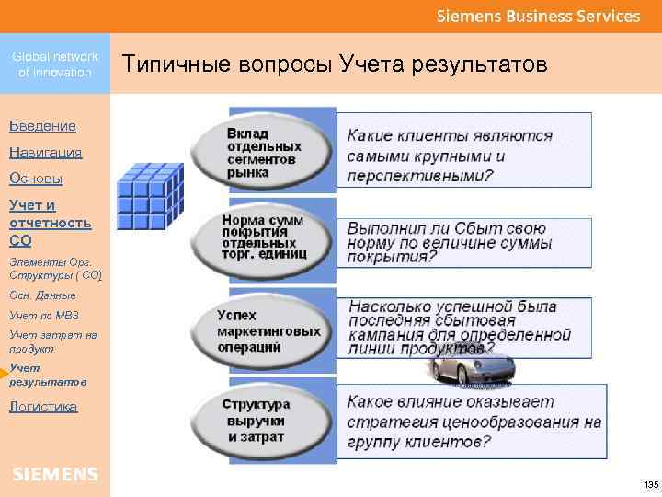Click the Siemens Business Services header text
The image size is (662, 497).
pyautogui.click(x=538, y=17)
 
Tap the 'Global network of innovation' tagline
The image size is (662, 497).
pyautogui.click(x=55, y=64)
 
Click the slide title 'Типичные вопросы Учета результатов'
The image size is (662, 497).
pyautogui.click(x=335, y=65)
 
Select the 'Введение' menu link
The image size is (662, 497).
pyautogui.click(x=42, y=125)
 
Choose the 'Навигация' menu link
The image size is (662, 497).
pyautogui.click(x=45, y=152)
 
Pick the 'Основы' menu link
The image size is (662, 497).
pyautogui.click(x=36, y=179)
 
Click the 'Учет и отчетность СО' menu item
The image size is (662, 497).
pyautogui.click(x=51, y=223)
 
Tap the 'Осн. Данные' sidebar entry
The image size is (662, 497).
pyautogui.click(x=42, y=295)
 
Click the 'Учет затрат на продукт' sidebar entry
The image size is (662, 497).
pyautogui.click(x=52, y=341)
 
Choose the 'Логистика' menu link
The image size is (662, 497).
pyautogui.click(x=43, y=406)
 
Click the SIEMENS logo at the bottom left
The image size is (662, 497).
pyautogui.click(x=55, y=474)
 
